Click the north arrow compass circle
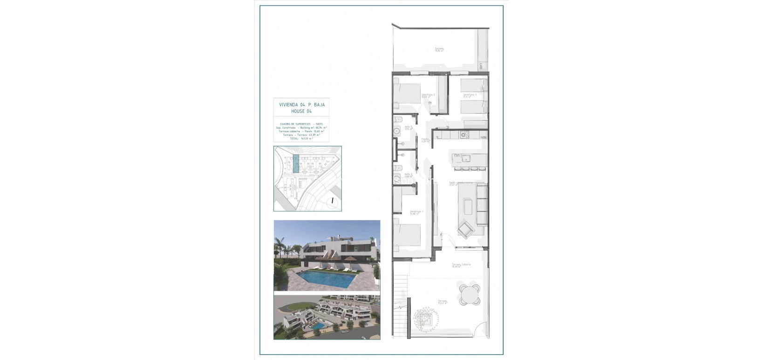333,201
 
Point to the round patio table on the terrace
469,294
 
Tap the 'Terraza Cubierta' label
461,265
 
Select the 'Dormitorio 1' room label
416,212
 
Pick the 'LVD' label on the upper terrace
481,67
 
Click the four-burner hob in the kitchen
464,136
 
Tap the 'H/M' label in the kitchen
484,137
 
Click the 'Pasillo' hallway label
425,139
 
